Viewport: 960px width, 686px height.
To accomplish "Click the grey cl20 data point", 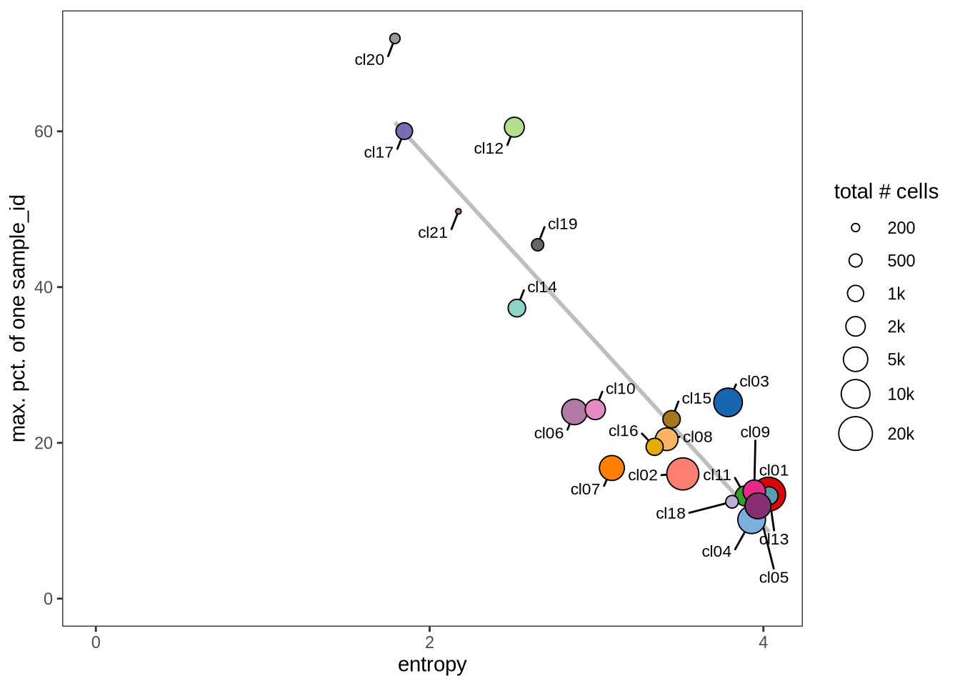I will point(394,39).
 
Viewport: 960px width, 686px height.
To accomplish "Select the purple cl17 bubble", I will point(404,131).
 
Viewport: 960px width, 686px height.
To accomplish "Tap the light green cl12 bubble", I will point(514,127).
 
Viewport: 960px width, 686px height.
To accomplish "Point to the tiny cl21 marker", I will point(458,212).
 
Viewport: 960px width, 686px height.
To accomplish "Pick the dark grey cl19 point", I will point(538,245).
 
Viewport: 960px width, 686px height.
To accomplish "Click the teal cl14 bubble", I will point(516,308).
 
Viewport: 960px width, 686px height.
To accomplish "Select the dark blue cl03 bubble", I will point(728,402).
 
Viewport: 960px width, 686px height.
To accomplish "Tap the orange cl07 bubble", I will point(612,468).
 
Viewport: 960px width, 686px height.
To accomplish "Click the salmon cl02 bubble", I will point(683,474).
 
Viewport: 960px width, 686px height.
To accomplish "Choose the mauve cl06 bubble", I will point(574,412).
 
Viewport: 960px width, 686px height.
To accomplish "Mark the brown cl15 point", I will point(671,419).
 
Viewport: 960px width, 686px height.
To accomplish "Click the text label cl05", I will point(774,577).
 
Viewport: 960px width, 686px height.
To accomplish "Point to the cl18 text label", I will point(671,513).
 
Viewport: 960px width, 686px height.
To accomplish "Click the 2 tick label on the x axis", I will point(429,642).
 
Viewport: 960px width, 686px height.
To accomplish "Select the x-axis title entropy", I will point(432,665).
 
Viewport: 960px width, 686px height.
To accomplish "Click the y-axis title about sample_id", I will point(19,318).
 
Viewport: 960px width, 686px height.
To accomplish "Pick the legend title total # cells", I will point(886,192).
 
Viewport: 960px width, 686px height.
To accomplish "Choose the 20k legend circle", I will point(856,433).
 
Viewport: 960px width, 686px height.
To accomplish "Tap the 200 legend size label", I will point(901,228).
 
